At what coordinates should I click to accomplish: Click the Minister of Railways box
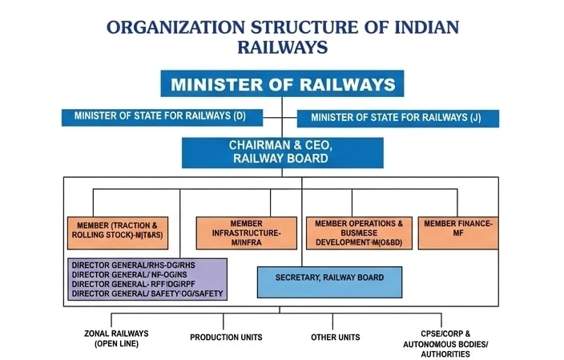coord(282,84)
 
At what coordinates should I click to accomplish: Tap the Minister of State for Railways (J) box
coord(398,118)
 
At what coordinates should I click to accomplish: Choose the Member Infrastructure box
coord(246,233)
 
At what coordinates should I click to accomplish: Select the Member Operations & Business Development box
coord(358,233)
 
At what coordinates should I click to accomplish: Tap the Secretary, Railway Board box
coord(329,278)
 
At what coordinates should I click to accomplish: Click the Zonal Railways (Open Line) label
coord(116,338)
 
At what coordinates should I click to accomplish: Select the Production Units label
coord(226,338)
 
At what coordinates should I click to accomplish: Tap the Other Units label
coord(335,338)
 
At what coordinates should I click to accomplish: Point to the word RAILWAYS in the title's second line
coord(282,47)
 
